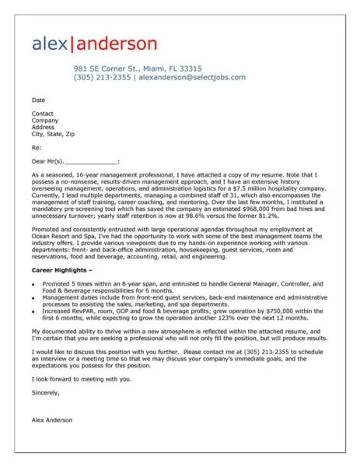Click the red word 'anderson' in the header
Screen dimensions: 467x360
(114, 43)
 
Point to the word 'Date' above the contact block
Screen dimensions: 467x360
(38, 100)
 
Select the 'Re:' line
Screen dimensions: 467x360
(37, 147)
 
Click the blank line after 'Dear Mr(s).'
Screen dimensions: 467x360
(93, 162)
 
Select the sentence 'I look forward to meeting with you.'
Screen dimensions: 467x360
(82, 379)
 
